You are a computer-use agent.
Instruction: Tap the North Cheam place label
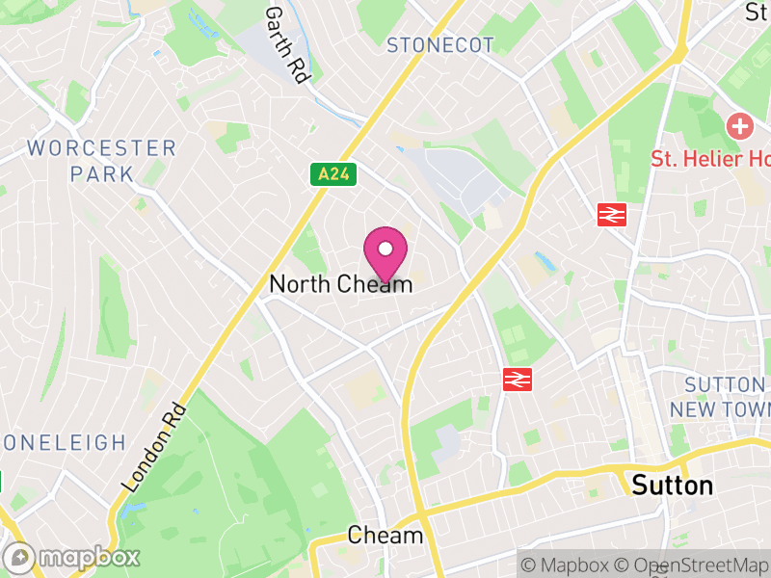[x=341, y=284]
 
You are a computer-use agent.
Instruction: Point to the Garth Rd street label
[x=285, y=43]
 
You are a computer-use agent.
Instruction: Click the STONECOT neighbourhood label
[x=439, y=45]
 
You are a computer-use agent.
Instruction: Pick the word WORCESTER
[x=102, y=148]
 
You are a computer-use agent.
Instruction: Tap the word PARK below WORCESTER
[x=101, y=174]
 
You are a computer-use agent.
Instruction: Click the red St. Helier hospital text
[x=710, y=159]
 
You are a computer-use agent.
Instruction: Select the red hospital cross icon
[x=739, y=126]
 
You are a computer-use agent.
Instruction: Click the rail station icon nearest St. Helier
[x=611, y=215]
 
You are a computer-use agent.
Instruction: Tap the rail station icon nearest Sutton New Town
[x=518, y=380]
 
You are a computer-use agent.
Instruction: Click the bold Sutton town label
[x=673, y=485]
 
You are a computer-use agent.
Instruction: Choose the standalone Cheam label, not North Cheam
[x=385, y=536]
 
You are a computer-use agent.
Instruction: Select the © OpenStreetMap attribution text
[x=693, y=564]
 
